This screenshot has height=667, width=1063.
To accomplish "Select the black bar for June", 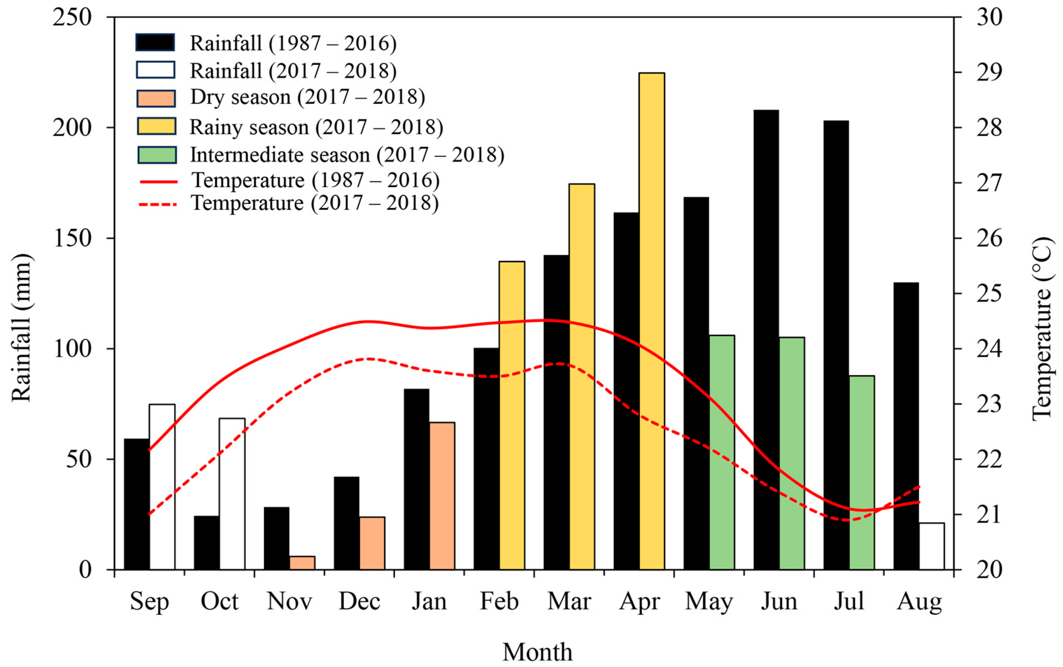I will point(766,340).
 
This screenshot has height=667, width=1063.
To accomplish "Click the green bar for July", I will point(861,473).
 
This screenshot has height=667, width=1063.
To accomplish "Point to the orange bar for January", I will point(442,496).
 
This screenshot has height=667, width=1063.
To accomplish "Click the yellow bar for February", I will point(512,415).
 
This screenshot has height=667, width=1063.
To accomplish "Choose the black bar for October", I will point(206,543).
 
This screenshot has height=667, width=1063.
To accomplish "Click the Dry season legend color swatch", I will point(156,98).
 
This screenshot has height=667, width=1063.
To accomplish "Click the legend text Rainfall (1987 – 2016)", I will point(293,43).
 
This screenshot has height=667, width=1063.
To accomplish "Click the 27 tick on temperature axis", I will point(989,183).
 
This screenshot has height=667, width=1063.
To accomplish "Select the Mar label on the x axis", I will point(569,601).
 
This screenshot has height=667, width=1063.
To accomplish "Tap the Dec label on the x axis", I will point(359,601).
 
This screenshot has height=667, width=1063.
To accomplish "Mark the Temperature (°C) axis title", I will point(1042,329).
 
